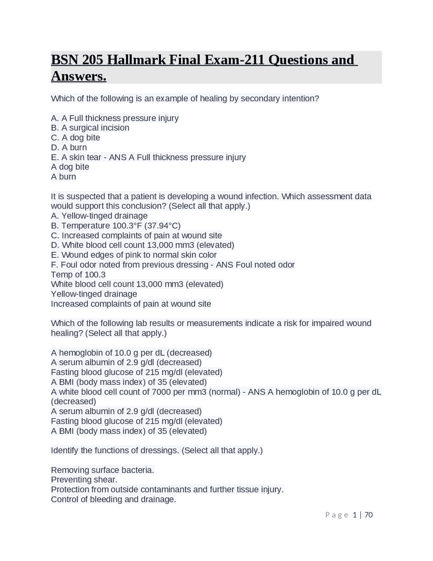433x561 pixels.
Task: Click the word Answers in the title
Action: pos(78,76)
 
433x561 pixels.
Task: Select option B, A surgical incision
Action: pos(90,128)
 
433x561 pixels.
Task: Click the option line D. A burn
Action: pos(69,147)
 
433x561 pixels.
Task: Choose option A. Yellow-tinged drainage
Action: pos(99,216)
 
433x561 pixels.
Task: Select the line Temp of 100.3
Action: pos(78,274)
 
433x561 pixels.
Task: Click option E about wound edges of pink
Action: pos(134,255)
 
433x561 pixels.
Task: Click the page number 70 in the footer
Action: pos(369,515)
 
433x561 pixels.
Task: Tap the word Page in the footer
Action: pos(337,515)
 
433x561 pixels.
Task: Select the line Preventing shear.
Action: pos(84,480)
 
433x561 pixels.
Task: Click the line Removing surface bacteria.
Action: pos(102,470)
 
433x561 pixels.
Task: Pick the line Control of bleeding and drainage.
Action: pos(113,499)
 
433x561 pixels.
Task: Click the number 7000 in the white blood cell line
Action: pos(161,392)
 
